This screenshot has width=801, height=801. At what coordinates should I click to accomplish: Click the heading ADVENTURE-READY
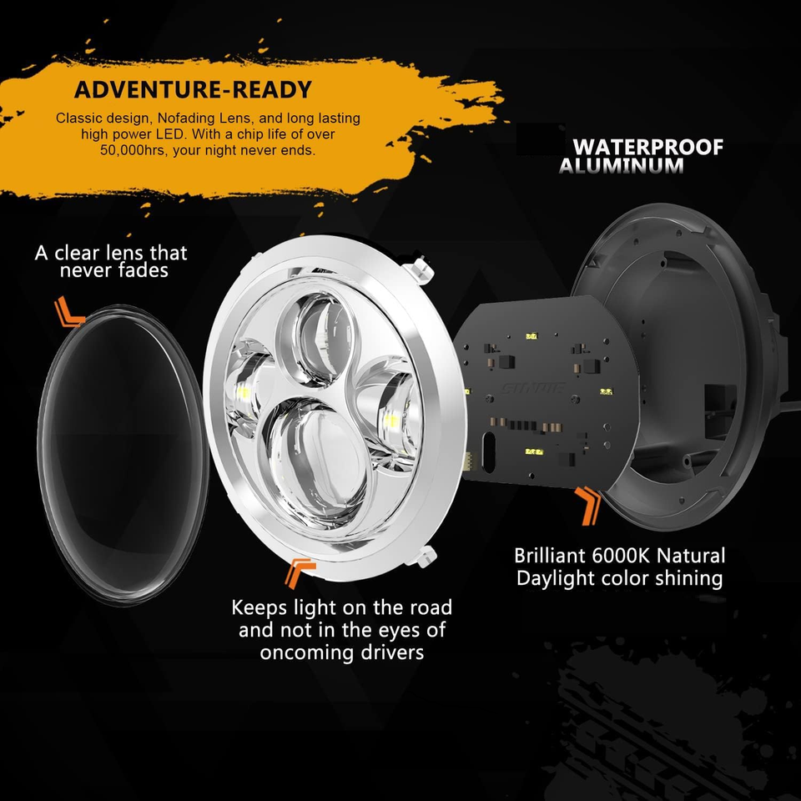point(192,89)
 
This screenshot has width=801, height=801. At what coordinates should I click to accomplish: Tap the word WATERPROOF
point(647,147)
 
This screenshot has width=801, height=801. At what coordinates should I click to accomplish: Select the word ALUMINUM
point(621,165)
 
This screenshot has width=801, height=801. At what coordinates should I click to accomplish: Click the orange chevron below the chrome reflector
point(298,573)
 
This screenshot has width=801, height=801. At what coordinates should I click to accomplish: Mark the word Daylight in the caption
point(563,577)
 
